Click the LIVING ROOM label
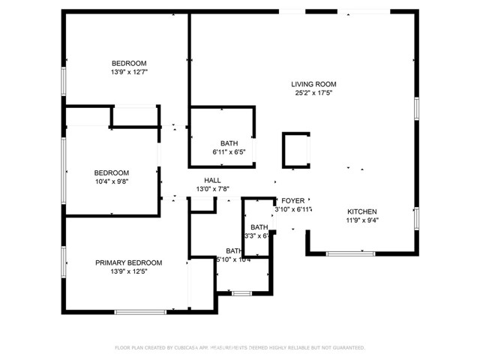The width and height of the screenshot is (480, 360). pyautogui.click(x=313, y=84)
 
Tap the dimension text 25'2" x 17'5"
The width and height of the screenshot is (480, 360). pyautogui.click(x=313, y=94)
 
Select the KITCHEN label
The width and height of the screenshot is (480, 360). pyautogui.click(x=361, y=211)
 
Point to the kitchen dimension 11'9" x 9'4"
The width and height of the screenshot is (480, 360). pyautogui.click(x=361, y=221)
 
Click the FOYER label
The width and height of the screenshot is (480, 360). pyautogui.click(x=292, y=201)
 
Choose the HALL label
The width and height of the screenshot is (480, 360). pyautogui.click(x=212, y=180)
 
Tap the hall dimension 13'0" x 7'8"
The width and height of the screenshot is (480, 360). pyautogui.click(x=212, y=190)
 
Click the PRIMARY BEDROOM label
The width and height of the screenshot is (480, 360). pyautogui.click(x=128, y=262)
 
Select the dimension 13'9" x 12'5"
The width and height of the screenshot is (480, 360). pyautogui.click(x=128, y=271)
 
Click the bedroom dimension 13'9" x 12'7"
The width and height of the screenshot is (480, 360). pyautogui.click(x=129, y=73)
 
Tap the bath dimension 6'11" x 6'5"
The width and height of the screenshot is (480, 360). pyautogui.click(x=229, y=153)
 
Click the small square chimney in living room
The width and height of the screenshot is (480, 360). pyautogui.click(x=295, y=149)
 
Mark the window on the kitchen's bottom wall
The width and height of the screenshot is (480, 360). pyautogui.click(x=350, y=253)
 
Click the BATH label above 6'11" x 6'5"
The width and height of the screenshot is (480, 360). pyautogui.click(x=229, y=143)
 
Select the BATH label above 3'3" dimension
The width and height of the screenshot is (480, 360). pyautogui.click(x=259, y=227)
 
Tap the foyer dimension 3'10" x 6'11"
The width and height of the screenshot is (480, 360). pyautogui.click(x=293, y=210)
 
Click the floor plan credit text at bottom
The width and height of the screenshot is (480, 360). pyautogui.click(x=239, y=348)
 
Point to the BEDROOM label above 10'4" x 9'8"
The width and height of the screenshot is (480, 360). pyautogui.click(x=111, y=172)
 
